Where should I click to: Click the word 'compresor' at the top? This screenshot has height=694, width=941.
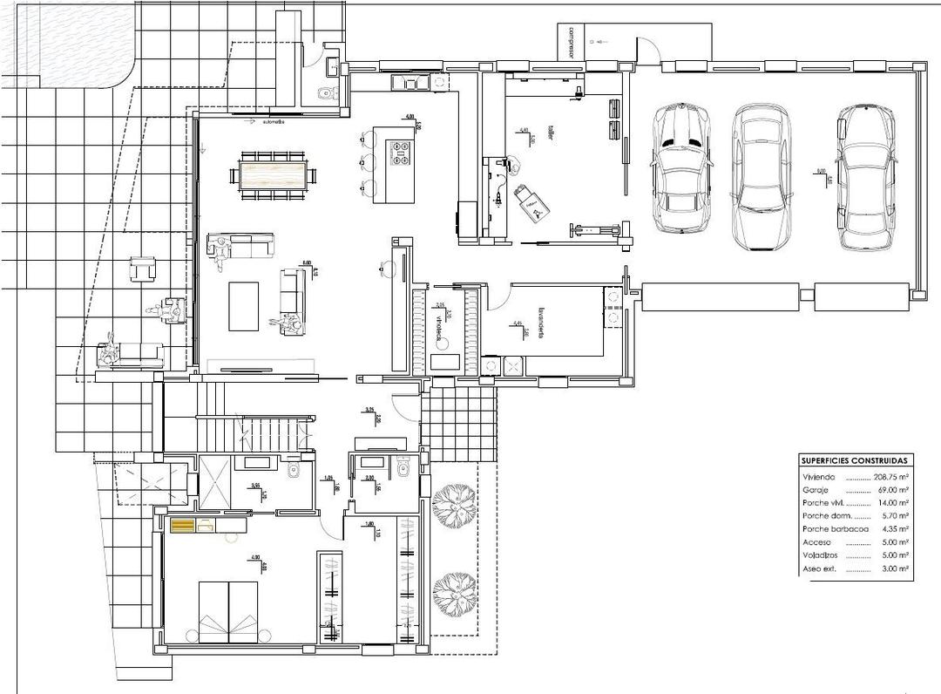click(572, 41)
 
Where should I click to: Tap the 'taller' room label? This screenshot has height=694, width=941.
click(551, 132)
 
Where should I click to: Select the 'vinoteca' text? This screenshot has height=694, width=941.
click(438, 329)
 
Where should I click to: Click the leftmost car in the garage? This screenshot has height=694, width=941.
click(682, 167)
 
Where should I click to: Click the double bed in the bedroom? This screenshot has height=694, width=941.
click(229, 611)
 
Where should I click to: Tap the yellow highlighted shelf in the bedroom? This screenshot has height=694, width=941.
click(184, 525)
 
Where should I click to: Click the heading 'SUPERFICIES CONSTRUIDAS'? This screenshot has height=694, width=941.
click(855, 460)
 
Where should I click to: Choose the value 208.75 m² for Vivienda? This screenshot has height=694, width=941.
click(890, 478)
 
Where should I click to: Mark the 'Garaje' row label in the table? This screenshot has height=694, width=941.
click(815, 491)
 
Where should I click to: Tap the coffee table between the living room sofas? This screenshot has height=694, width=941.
click(244, 305)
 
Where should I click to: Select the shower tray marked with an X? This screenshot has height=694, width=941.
click(215, 480)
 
